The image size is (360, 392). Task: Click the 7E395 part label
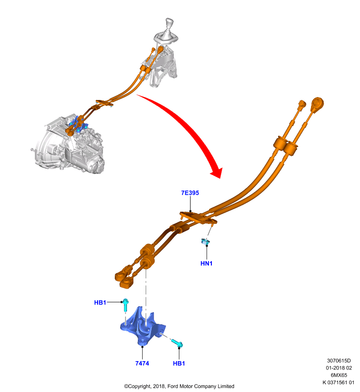click(190, 193)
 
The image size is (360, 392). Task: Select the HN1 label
click(206, 263)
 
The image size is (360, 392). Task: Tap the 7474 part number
click(142, 363)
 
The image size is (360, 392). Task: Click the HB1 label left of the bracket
click(100, 302)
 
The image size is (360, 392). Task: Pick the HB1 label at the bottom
click(179, 363)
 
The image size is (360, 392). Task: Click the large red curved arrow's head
click(217, 172)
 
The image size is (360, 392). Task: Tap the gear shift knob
click(169, 24)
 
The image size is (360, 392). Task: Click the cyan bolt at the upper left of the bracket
click(126, 305)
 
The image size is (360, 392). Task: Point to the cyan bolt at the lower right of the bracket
click(177, 343)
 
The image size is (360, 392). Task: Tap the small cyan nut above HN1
click(206, 242)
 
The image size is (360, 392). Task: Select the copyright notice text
click(179, 386)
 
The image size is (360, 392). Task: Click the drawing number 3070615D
click(339, 361)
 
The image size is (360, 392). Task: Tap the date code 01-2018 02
click(339, 368)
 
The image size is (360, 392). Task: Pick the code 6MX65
click(339, 375)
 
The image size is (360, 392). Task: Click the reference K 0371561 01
click(338, 382)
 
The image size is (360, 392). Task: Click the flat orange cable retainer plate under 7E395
click(198, 218)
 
